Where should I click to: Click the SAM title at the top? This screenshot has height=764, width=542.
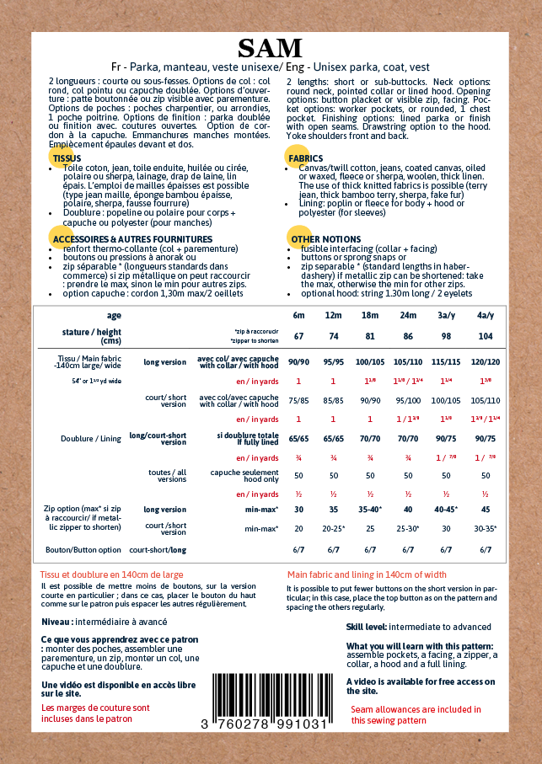pos(270,48)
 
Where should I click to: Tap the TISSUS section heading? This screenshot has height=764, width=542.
pos(67,158)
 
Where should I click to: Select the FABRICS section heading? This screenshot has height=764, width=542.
pos(305,158)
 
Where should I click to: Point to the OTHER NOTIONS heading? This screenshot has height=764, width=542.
pos(325,239)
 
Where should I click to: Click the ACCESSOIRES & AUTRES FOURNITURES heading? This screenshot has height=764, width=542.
pos(121,239)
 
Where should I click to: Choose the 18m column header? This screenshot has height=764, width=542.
pos(370,315)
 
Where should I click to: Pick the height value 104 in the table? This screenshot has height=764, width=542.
pos(486,335)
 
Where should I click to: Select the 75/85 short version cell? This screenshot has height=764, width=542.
pos(298,400)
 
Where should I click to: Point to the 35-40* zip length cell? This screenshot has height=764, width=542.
pos(370,510)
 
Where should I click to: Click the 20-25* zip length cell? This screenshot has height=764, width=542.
pos(334,528)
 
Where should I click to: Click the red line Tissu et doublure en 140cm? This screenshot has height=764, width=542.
pos(112,575)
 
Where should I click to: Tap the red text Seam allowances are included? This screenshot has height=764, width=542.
pos(416,709)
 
